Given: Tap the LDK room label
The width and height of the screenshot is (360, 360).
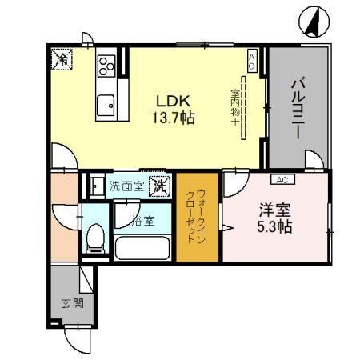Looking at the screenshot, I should pos(173,102).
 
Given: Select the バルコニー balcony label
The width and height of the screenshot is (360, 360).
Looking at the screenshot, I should pos(295,108).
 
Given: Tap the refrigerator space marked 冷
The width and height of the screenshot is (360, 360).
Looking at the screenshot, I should pos(62,58).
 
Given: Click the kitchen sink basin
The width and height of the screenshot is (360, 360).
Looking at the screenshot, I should pos(106,105).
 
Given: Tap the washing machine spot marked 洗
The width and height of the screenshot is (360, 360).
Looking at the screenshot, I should pos(161,186).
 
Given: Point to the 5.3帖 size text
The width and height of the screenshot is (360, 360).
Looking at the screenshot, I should pos(274,227).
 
